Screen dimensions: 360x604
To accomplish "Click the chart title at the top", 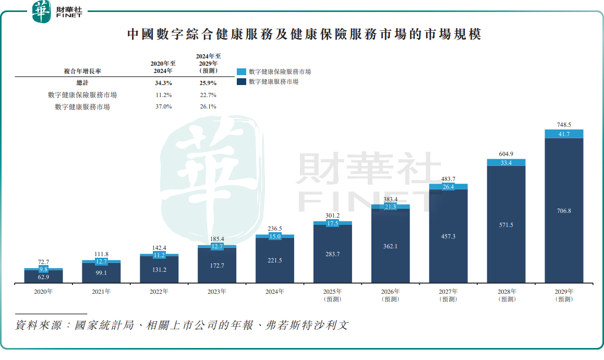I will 304,34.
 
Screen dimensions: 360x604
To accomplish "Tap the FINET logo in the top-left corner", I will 57,11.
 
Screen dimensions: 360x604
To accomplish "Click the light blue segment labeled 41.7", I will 564,134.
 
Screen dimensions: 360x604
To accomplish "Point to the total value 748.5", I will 564,125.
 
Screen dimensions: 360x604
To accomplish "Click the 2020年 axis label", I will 43,292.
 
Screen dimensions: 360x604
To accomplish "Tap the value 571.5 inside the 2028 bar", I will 506,225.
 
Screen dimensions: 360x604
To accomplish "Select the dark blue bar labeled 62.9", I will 43,277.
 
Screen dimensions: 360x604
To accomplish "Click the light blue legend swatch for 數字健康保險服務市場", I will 241,72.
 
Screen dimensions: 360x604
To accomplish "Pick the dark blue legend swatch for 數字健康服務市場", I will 241,82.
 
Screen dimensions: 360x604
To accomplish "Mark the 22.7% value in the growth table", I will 208,95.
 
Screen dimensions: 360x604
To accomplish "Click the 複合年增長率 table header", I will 82,71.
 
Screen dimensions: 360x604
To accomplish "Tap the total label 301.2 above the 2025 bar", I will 332,215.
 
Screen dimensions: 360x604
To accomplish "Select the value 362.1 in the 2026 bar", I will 390,246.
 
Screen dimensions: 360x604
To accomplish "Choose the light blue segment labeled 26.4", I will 448,186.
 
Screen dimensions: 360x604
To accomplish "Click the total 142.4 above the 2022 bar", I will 159,248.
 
